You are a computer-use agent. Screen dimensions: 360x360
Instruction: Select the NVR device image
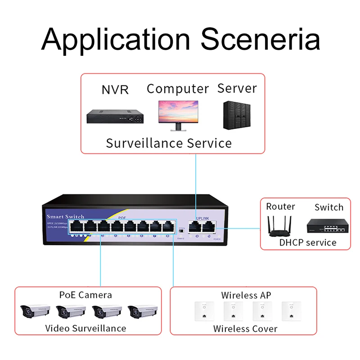pos(115,117)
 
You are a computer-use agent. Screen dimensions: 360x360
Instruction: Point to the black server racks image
pos(237,115)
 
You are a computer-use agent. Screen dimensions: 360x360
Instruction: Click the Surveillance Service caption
pos(169,143)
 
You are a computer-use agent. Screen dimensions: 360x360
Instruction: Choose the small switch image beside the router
pos(328,226)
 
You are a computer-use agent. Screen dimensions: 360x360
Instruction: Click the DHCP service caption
pos(308,243)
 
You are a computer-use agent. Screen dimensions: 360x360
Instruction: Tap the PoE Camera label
pos(85,295)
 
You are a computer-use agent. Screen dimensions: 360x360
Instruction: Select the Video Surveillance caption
pos(85,328)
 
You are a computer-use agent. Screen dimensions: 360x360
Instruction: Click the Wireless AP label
pos(246,295)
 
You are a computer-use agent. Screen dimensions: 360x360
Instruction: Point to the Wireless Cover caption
pos(245,328)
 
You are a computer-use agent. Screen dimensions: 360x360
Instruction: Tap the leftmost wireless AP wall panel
pos(203,311)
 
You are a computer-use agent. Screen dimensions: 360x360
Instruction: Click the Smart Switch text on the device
pos(65,216)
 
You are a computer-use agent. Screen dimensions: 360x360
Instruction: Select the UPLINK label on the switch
pos(202,219)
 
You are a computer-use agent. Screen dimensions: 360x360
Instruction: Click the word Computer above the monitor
pos(178,89)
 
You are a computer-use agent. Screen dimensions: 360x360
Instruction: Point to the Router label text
pos(280,207)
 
